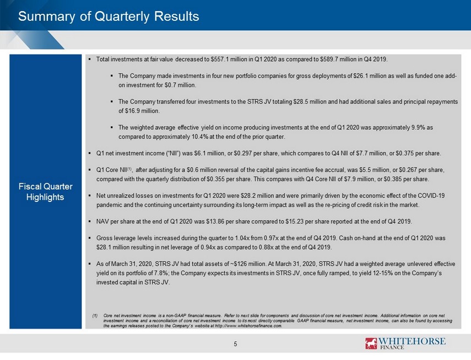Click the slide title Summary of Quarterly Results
pyautogui.click(x=109, y=16)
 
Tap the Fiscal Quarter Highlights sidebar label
pyautogui.click(x=45, y=192)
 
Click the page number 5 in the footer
pyautogui.click(x=236, y=344)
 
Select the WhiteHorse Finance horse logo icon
pyautogui.click(x=371, y=343)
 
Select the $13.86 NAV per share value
pyautogui.click(x=215, y=221)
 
